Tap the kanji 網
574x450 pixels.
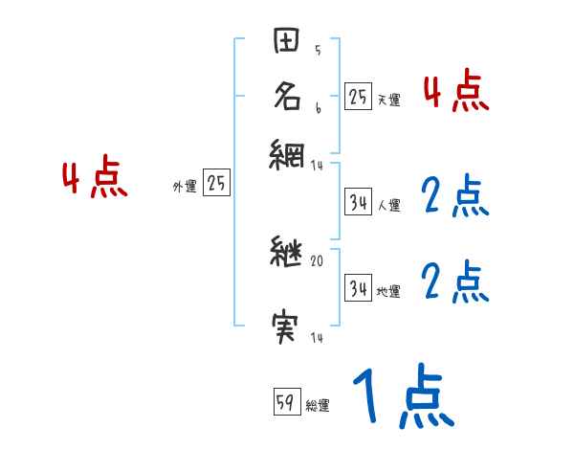pyautogui.click(x=288, y=153)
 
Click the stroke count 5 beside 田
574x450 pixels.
pyautogui.click(x=318, y=51)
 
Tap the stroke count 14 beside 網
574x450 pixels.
pyautogui.click(x=318, y=166)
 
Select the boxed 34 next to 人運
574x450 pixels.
pyautogui.click(x=358, y=202)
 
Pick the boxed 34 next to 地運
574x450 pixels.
pyautogui.click(x=358, y=288)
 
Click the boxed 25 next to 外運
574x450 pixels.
pyautogui.click(x=217, y=184)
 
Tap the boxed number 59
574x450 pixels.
pyautogui.click(x=286, y=402)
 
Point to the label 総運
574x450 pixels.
pyautogui.click(x=318, y=406)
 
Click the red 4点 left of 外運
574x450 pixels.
pyautogui.click(x=94, y=179)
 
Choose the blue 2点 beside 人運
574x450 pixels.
pyautogui.click(x=455, y=197)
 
